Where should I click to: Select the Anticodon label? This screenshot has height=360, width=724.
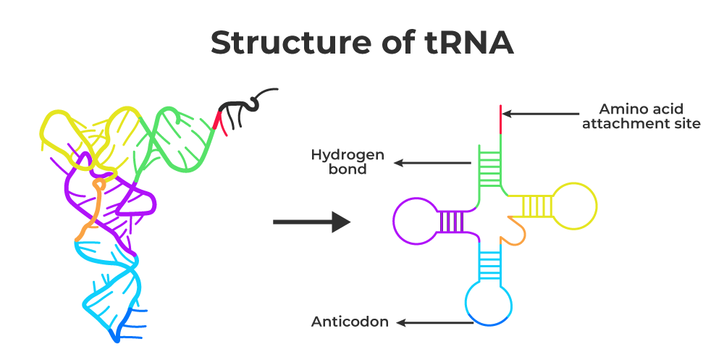pos(350,322)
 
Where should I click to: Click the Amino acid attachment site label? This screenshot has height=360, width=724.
pos(649,117)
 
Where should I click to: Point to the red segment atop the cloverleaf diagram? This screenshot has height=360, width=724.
pos(499,120)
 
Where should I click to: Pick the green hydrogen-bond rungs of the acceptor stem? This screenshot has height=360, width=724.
pos(489,164)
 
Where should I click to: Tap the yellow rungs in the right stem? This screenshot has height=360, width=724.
pos(536,206)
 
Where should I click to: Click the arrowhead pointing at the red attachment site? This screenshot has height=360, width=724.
pos(508,114)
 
